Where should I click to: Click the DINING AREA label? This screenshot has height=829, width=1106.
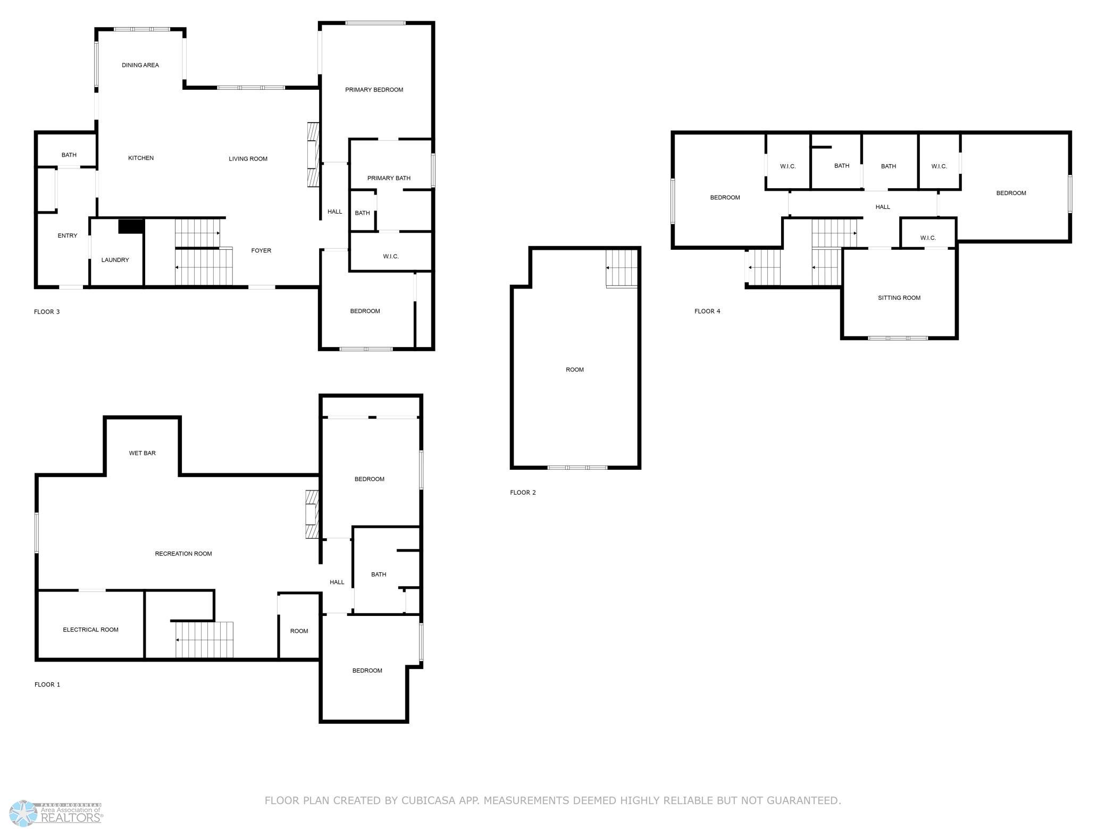click(x=140, y=65)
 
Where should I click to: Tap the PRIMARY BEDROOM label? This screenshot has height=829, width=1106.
click(x=374, y=90)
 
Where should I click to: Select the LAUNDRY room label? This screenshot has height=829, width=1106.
click(x=115, y=260)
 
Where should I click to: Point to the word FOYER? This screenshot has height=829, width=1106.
click(x=261, y=250)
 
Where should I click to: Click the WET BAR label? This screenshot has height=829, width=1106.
click(x=143, y=453)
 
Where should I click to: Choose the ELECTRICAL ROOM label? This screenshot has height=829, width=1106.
click(x=91, y=630)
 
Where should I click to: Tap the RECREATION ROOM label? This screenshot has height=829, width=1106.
click(x=183, y=554)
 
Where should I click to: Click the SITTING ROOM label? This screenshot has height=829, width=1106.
click(x=899, y=298)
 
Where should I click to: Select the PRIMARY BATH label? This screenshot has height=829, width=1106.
click(x=389, y=178)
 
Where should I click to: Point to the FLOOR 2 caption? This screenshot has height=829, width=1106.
click(x=523, y=493)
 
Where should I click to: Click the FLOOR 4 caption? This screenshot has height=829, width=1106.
click(x=707, y=311)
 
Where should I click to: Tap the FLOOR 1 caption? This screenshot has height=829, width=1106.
click(x=47, y=684)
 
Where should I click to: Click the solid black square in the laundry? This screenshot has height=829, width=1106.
click(x=131, y=226)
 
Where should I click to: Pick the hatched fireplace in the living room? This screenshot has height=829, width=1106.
click(x=313, y=155)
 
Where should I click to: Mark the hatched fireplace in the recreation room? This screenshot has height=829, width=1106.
click(x=312, y=515)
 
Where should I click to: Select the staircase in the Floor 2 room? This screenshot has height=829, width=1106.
click(x=622, y=268)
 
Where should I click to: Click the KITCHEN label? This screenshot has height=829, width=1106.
click(x=141, y=158)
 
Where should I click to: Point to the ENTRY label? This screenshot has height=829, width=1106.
click(x=68, y=235)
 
